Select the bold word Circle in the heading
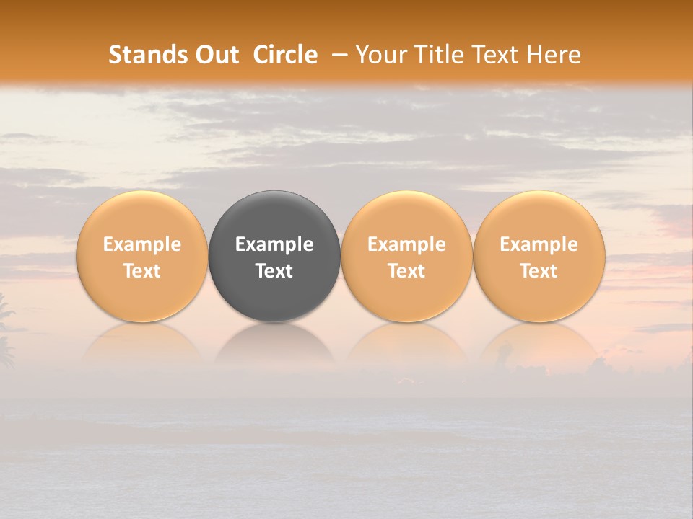[x=285, y=55]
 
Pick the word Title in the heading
[x=440, y=55]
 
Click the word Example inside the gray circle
[x=274, y=244]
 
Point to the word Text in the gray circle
[x=274, y=271]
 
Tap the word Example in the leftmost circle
[x=142, y=244]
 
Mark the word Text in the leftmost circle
[x=142, y=271]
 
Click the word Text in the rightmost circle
[x=539, y=271]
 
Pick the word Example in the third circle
[x=406, y=244]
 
